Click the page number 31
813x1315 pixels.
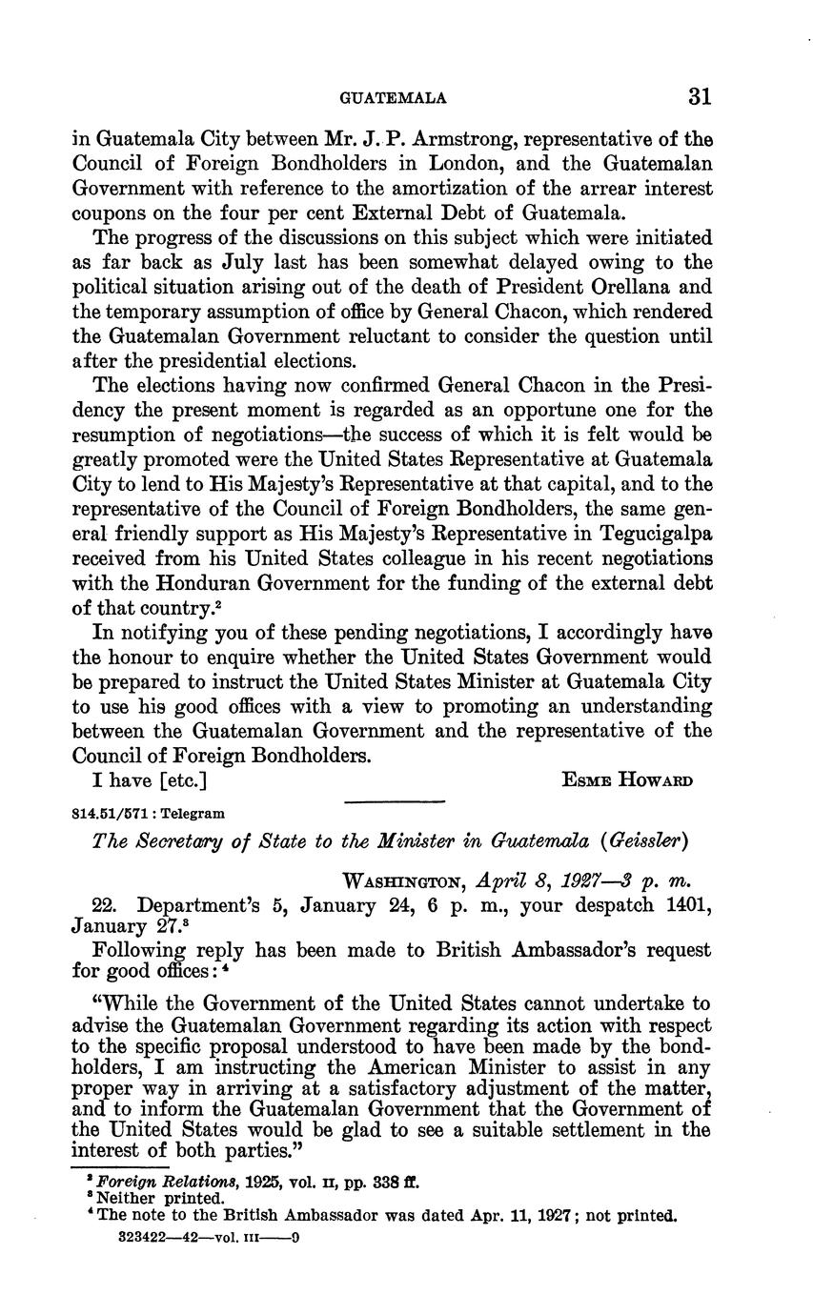[x=699, y=97]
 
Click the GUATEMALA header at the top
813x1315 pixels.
[x=394, y=98]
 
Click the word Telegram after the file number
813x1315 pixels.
[x=190, y=814]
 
